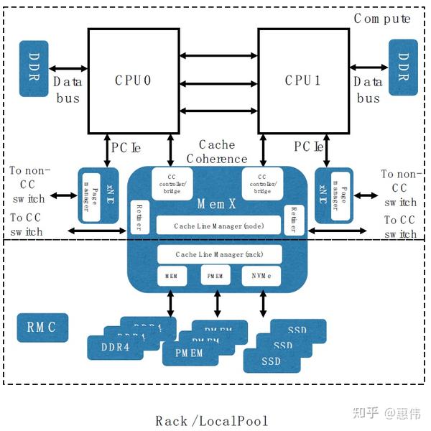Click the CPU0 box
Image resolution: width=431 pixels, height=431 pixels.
tap(133, 80)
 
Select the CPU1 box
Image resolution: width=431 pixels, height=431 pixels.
tap(302, 80)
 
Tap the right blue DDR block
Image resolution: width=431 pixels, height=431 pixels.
tap(403, 68)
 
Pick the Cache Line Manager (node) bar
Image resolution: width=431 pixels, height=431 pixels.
tap(219, 226)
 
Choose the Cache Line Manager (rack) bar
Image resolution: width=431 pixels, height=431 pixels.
tap(219, 254)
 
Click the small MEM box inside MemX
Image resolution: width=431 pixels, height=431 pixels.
tap(171, 275)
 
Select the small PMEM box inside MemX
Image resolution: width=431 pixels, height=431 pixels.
tap(218, 275)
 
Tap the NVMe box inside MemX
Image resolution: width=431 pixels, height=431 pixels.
tap(265, 275)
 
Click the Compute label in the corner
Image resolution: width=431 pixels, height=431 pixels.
tap(382, 19)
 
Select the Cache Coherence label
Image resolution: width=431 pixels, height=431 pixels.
tap(216, 152)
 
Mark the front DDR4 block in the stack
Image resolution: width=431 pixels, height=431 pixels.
tap(115, 347)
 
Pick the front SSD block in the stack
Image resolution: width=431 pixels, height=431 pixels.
tap(272, 361)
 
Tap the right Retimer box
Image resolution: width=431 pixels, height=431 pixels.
tap(292, 218)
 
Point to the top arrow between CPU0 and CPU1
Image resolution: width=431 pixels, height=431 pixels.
tap(218, 55)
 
